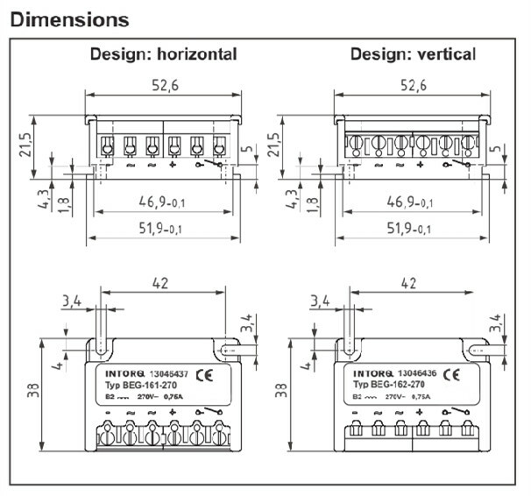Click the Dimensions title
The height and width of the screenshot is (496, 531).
tap(69, 18)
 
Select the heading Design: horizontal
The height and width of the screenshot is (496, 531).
tap(163, 54)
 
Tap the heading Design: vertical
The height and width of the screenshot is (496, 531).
tap(413, 54)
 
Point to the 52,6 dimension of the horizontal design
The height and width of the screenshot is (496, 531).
tap(163, 85)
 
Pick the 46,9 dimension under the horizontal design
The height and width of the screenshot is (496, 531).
tap(160, 202)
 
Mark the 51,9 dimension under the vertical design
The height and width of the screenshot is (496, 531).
tap(410, 229)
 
